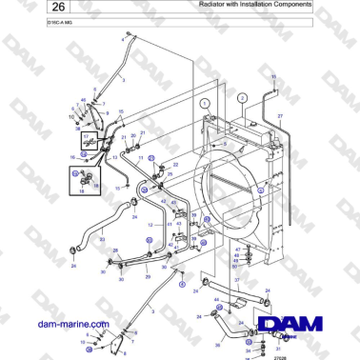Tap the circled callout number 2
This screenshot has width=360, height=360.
click(242, 98)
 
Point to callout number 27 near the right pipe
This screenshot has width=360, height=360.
click(280, 115)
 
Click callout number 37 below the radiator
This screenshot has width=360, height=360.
click(237, 280)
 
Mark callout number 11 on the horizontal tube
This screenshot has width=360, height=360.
click(274, 76)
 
